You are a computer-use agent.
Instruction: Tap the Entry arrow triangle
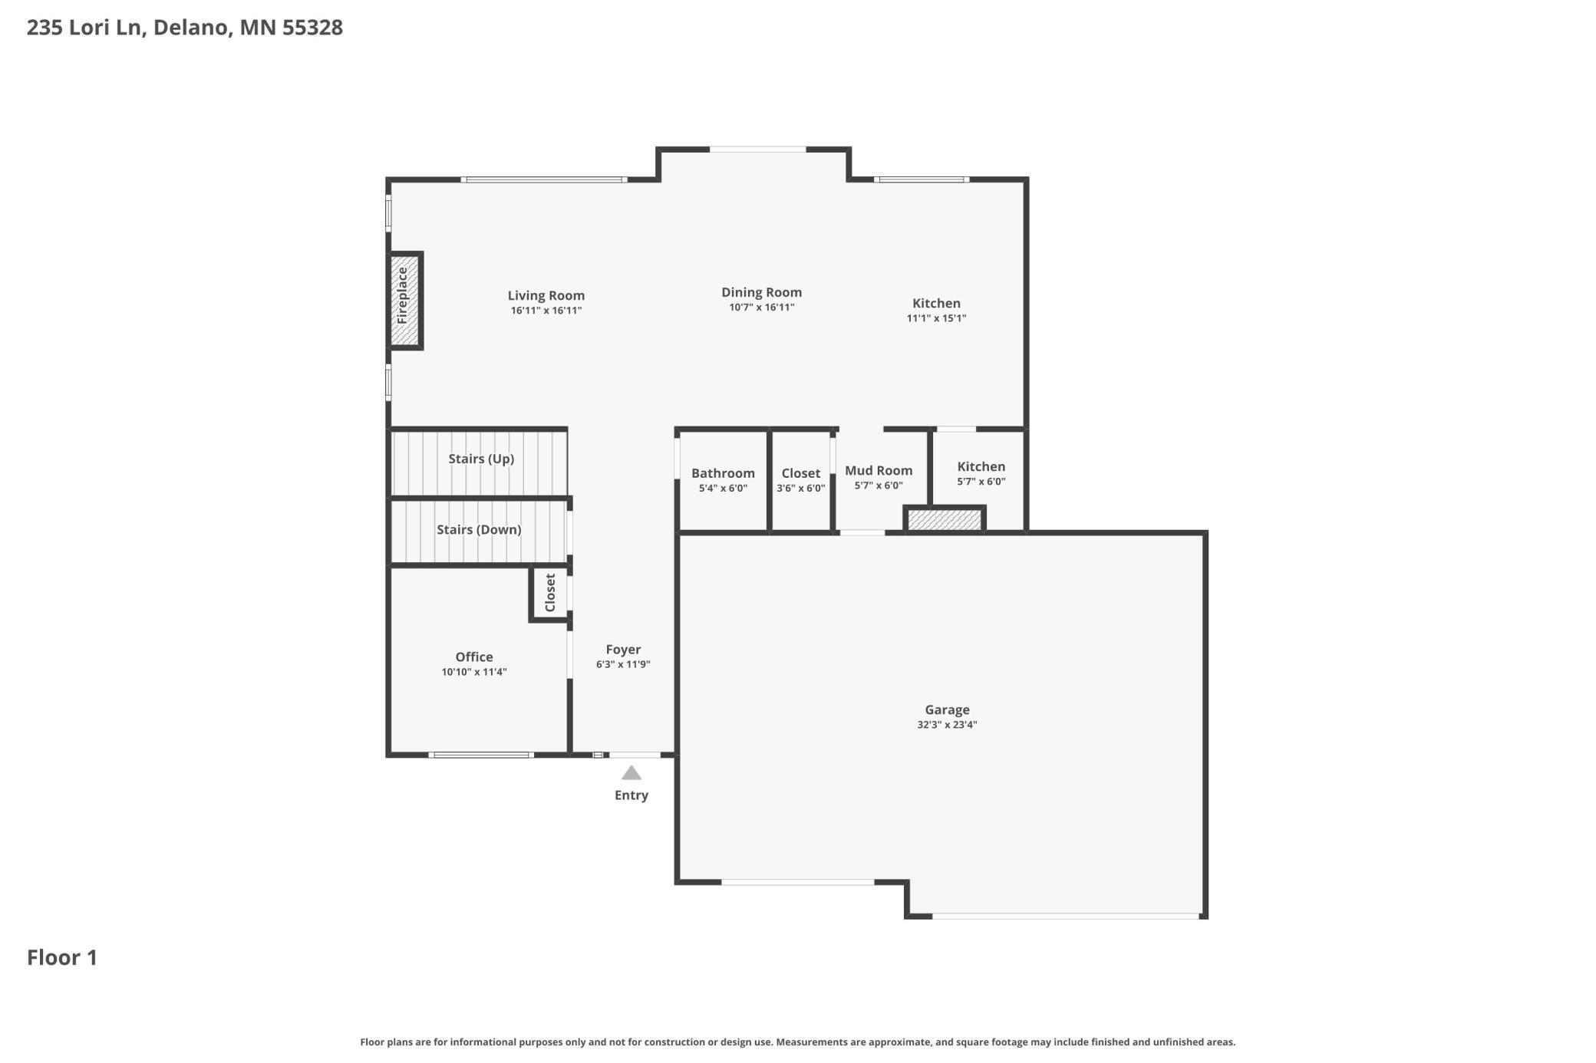click(x=631, y=773)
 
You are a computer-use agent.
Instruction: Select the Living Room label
click(x=546, y=295)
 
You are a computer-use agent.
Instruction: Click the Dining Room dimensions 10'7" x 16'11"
click(x=762, y=308)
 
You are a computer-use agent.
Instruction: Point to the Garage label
click(x=947, y=710)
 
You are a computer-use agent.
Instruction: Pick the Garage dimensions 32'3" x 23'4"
click(x=947, y=725)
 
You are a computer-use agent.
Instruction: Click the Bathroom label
click(x=723, y=473)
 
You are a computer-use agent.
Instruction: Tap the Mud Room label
click(x=879, y=471)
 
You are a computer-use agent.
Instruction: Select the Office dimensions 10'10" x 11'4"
click(x=474, y=672)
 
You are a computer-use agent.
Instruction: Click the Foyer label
click(x=623, y=650)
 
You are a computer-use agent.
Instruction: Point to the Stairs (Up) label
click(x=481, y=459)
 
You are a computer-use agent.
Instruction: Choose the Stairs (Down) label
click(x=479, y=530)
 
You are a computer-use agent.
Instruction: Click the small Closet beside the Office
click(x=550, y=593)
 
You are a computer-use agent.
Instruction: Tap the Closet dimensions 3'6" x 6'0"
click(x=801, y=489)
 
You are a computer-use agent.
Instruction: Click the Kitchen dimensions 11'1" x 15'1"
click(x=936, y=318)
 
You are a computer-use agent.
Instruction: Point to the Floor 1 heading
click(x=62, y=957)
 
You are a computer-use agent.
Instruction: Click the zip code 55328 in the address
click(x=312, y=28)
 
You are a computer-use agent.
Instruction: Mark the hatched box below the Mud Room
click(x=945, y=520)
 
